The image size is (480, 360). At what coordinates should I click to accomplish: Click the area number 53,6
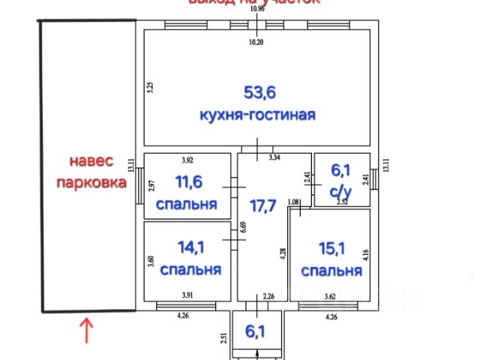click(259, 93)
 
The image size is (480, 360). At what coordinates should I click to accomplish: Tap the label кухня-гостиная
click(257, 115)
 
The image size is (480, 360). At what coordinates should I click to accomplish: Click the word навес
click(91, 160)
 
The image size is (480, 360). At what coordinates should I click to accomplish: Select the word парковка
click(91, 182)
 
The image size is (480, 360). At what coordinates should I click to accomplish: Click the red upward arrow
click(86, 331)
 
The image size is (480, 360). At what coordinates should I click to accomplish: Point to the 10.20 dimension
click(256, 42)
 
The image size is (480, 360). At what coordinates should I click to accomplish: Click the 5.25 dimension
click(150, 87)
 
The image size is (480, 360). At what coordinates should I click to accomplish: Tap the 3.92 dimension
click(187, 159)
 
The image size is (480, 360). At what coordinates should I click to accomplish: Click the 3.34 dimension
click(274, 158)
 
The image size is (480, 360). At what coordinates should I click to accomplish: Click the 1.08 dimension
click(293, 202)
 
